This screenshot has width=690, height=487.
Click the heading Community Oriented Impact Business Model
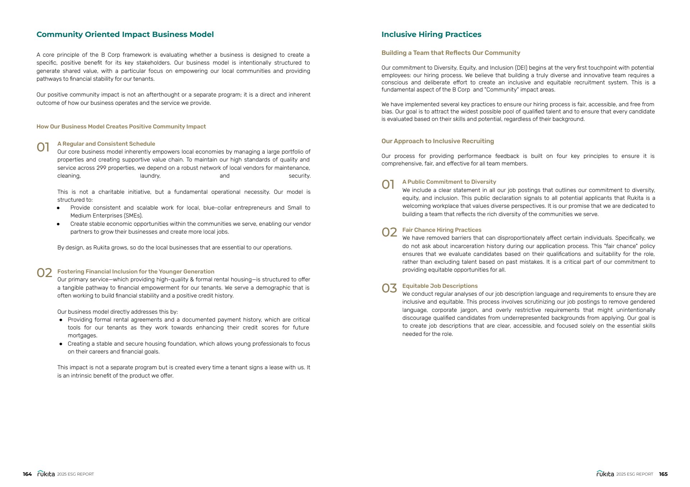(x=125, y=34)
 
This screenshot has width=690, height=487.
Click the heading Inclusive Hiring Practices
(x=431, y=34)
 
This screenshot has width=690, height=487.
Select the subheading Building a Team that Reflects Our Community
(x=451, y=53)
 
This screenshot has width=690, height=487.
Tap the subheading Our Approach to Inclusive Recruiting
(x=437, y=141)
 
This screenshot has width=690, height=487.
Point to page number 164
(x=27, y=474)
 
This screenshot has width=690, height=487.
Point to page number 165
(x=663, y=474)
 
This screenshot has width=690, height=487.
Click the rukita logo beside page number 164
(x=46, y=474)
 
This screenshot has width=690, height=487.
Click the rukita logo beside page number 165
(x=605, y=474)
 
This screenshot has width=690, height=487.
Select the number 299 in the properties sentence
(x=101, y=168)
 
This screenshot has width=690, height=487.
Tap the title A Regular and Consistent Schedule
(x=106, y=144)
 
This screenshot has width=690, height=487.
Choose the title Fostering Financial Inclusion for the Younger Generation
(x=135, y=272)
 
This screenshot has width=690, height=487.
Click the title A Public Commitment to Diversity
(x=449, y=182)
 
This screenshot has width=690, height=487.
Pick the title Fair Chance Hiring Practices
(x=442, y=230)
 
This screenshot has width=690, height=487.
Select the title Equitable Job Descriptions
(x=440, y=286)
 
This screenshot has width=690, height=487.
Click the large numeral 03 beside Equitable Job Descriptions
(x=389, y=288)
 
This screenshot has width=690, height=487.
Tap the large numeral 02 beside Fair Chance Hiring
(x=389, y=233)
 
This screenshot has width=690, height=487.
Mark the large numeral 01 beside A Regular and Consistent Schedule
(x=43, y=147)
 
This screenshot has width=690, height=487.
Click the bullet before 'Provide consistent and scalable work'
(x=58, y=208)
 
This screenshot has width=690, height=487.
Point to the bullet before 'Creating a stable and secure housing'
(x=61, y=344)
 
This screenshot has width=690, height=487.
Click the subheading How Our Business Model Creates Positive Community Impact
(x=121, y=127)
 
